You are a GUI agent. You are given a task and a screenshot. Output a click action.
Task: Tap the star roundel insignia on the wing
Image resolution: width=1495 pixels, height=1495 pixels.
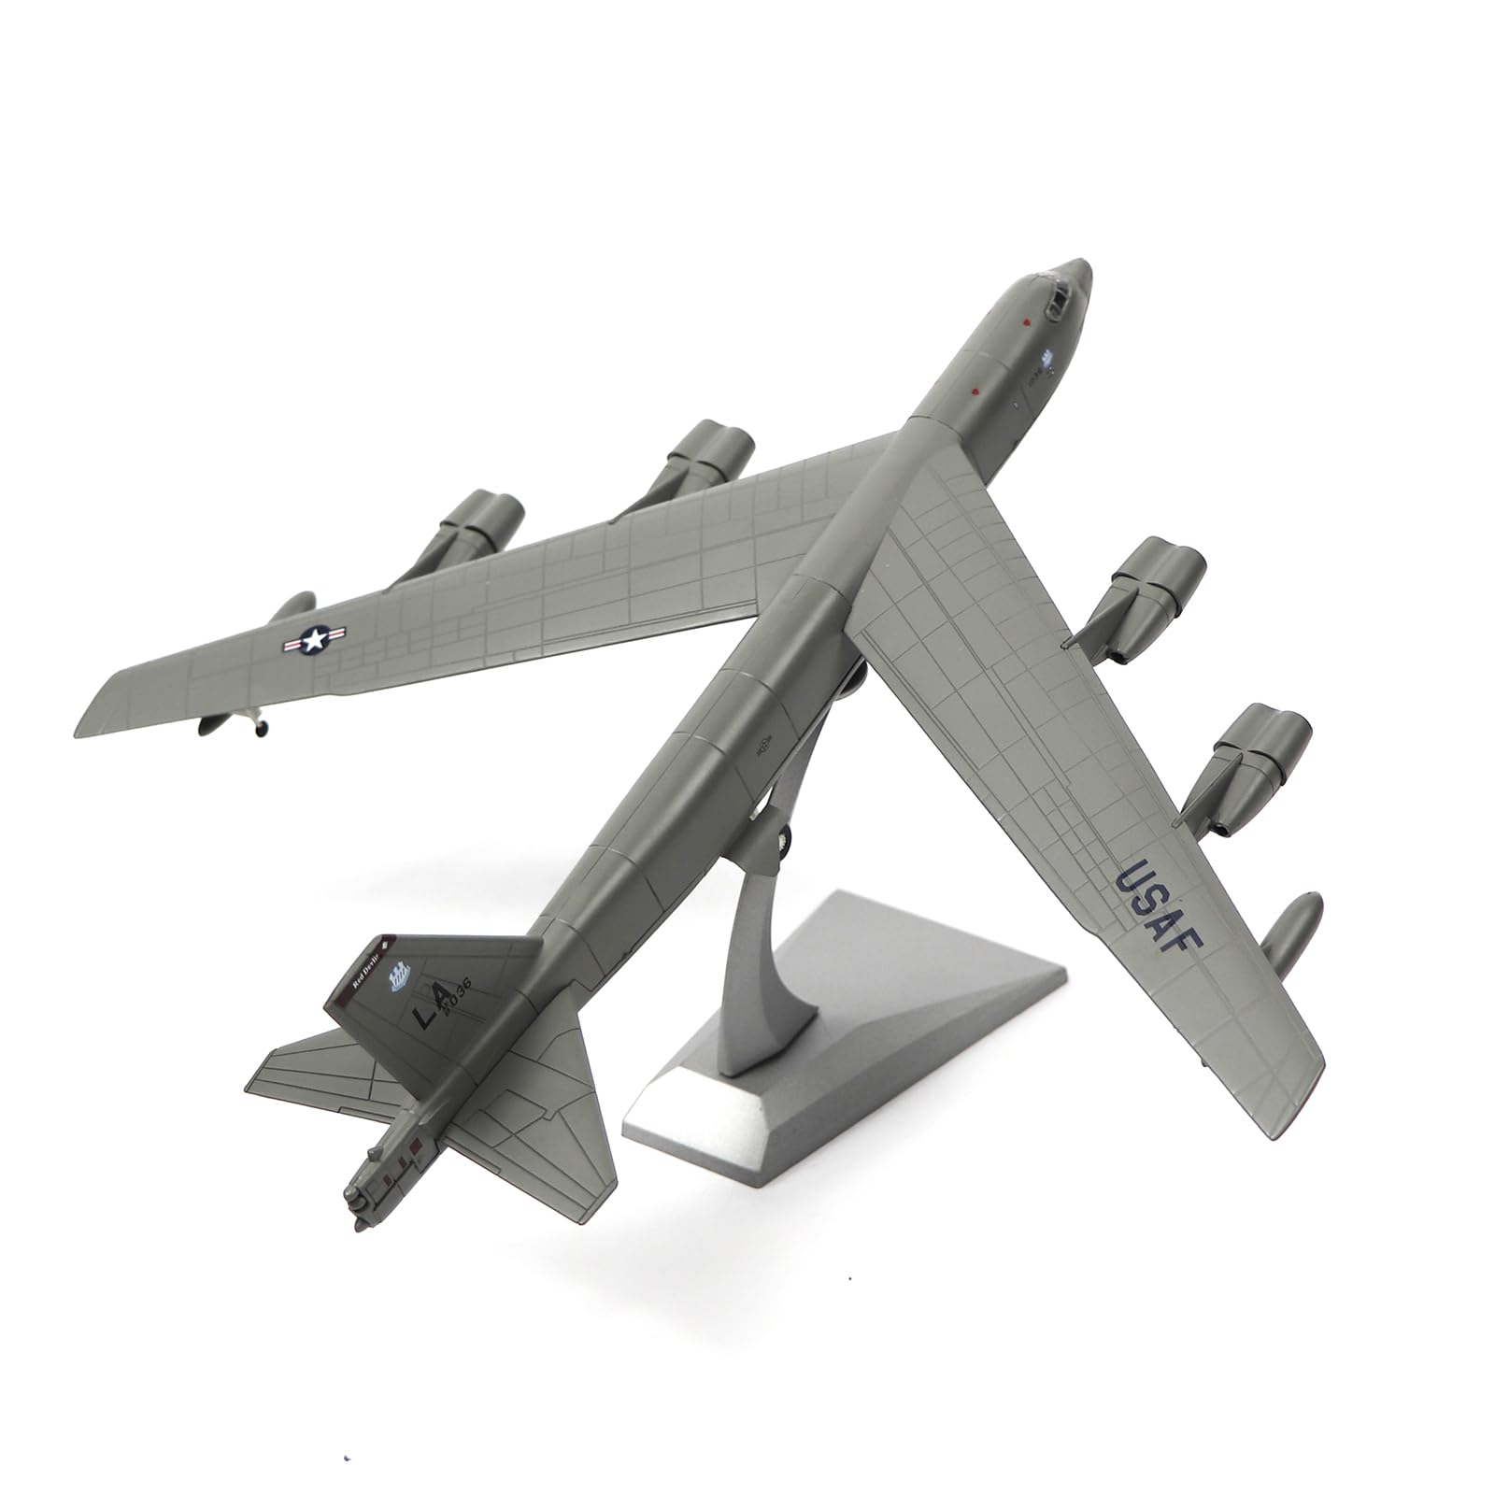[315, 640]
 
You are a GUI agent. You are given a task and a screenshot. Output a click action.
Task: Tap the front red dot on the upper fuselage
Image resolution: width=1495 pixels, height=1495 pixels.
[1025, 323]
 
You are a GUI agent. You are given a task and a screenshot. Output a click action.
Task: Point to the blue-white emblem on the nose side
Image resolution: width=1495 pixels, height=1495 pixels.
[1047, 358]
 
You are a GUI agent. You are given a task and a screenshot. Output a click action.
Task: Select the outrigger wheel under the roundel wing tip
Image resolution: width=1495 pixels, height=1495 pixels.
[253, 725]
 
